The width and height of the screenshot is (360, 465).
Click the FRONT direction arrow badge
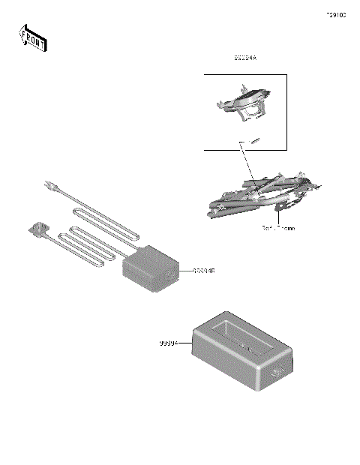(32, 38)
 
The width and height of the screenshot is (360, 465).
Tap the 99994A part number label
(244, 58)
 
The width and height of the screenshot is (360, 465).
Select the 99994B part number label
(203, 271)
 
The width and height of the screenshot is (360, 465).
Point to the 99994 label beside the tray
(169, 343)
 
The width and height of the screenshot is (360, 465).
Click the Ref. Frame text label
(278, 228)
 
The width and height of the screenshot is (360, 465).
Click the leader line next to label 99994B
(186, 271)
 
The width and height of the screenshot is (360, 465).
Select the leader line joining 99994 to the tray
(186, 343)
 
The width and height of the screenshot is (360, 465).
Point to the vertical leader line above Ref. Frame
(278, 215)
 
